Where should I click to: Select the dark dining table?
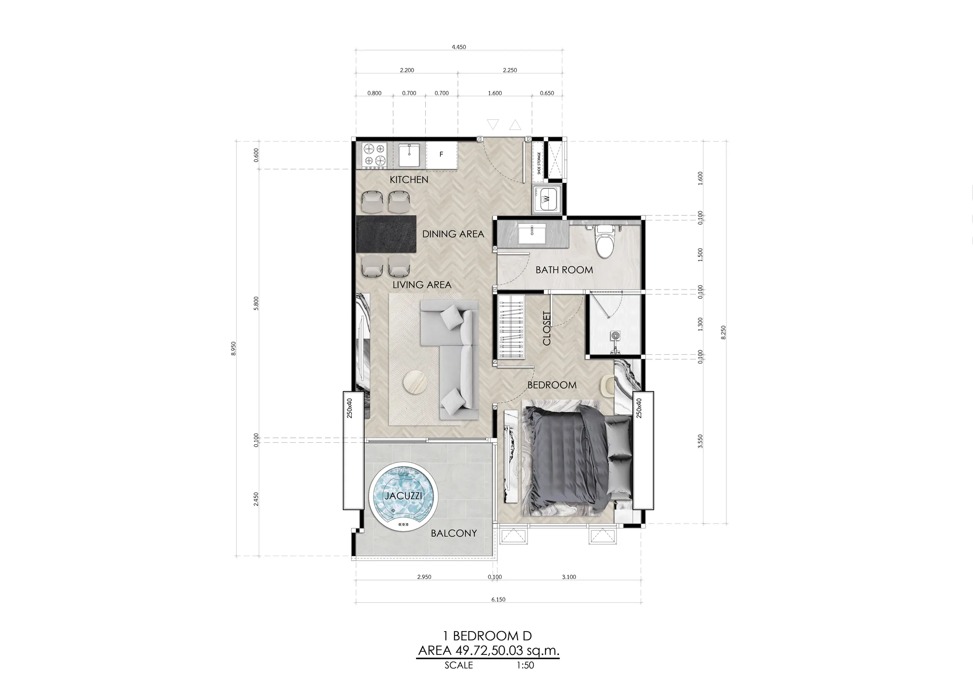click(387, 235)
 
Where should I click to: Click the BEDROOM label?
click(552, 385)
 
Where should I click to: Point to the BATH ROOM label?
click(564, 270)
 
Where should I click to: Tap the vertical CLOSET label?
click(547, 328)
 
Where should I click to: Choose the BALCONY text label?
click(454, 533)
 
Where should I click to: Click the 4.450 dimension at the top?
click(459, 47)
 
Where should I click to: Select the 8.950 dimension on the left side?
click(234, 348)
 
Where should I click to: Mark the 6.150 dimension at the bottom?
click(498, 599)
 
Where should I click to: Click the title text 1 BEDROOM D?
click(487, 635)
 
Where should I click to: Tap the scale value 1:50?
click(525, 665)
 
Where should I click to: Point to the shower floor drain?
click(615, 335)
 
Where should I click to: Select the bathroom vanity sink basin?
click(534, 234)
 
